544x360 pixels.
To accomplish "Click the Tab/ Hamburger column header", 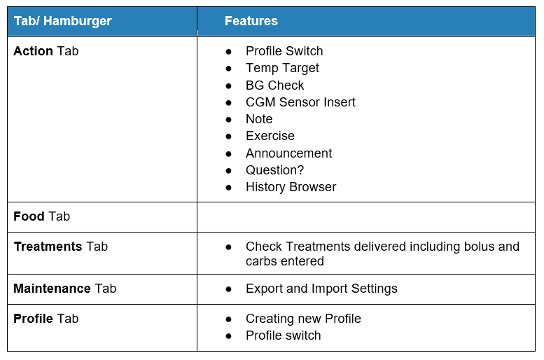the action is point(63,21).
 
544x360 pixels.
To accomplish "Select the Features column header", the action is point(251,21).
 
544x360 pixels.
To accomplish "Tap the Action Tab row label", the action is point(46,51).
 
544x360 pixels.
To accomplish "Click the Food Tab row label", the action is point(41,216).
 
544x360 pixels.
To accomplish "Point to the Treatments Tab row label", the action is point(61,247).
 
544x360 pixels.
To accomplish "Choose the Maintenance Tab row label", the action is point(65,289).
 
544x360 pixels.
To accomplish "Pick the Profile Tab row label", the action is point(46,319).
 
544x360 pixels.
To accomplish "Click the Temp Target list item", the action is point(282,68).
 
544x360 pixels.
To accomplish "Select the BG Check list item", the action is point(274,85).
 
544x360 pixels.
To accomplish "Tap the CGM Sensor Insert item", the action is point(300,102).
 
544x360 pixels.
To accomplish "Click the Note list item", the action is point(259,119).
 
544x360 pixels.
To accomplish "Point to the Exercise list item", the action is point(270,136).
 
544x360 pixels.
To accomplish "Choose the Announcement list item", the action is point(288,153).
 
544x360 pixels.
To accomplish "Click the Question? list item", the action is point(274,170).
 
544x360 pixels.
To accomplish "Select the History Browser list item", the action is point(291,187).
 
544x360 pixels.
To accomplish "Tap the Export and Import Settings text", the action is point(321,289).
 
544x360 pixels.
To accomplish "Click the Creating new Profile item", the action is point(303,319).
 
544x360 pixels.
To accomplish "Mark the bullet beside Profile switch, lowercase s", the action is point(228,336).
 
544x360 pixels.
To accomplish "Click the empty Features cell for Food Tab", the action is point(366,217).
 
